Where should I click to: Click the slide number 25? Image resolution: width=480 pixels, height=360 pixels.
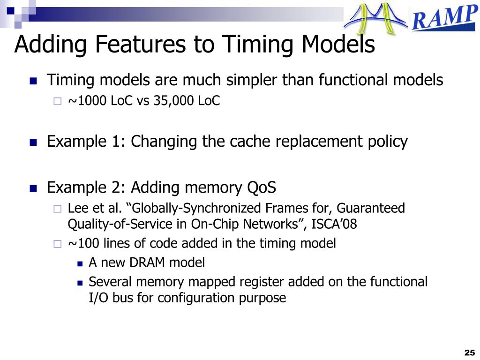click(469, 352)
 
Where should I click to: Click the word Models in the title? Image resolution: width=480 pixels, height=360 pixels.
click(338, 45)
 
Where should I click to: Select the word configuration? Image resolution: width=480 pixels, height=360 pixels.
click(197, 298)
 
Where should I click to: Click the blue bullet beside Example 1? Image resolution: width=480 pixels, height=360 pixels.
click(33, 142)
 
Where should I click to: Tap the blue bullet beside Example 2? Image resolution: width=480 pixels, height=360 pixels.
click(33, 189)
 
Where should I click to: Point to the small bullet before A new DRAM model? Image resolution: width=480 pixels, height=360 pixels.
click(80, 263)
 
